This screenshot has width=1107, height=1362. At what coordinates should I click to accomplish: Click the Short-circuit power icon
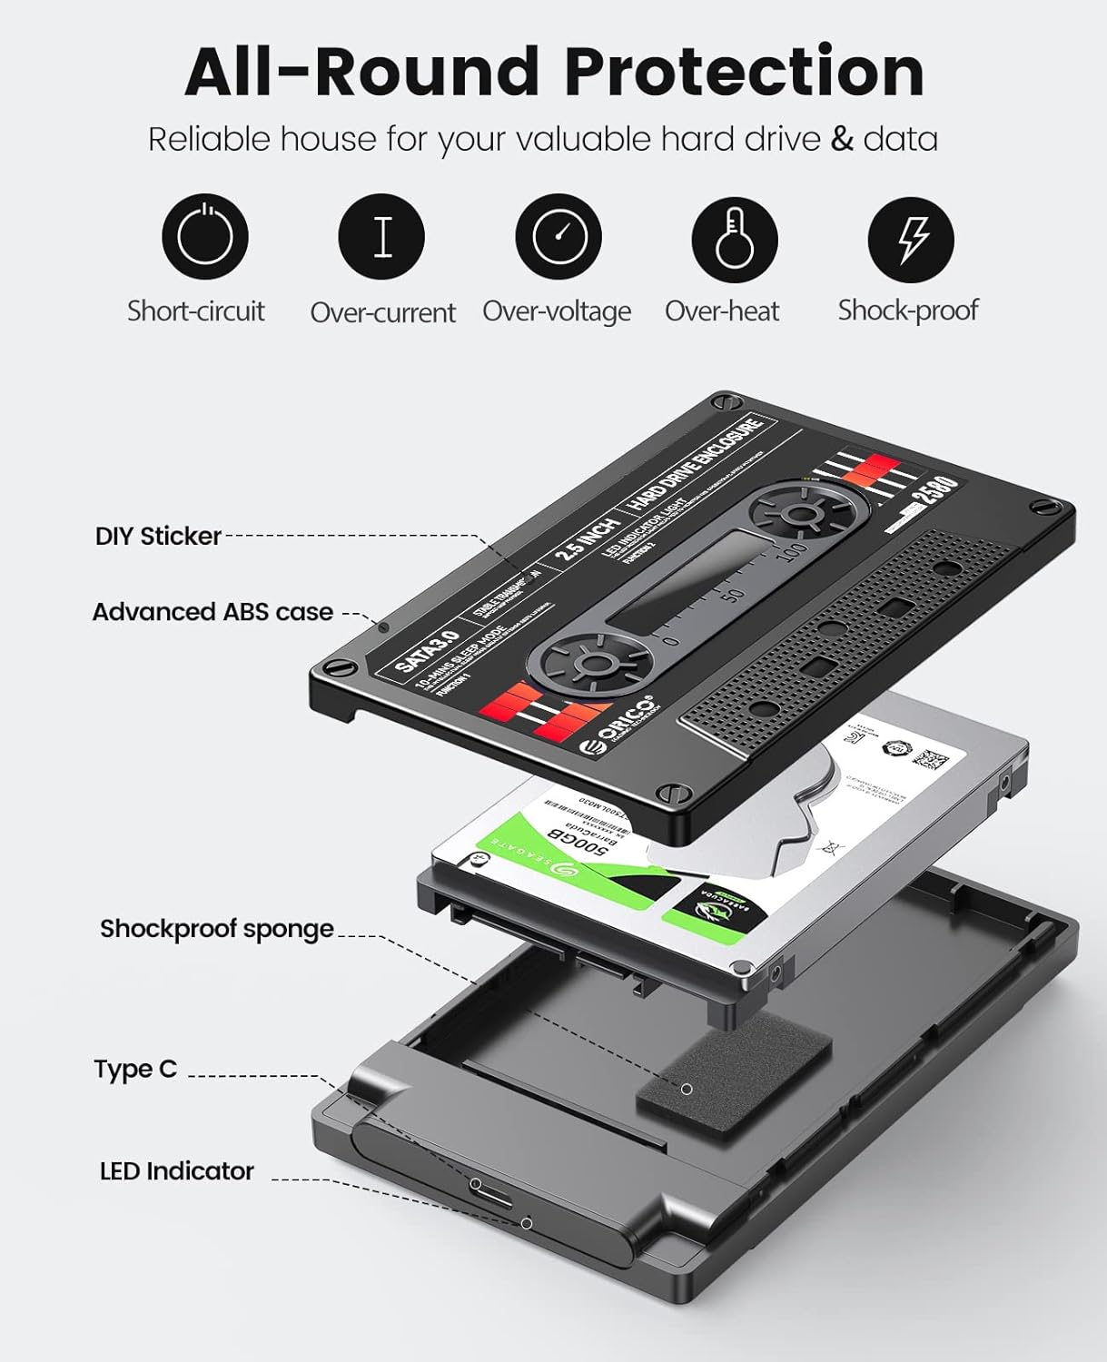[x=204, y=236]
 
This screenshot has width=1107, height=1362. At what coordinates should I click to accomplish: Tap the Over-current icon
[x=381, y=236]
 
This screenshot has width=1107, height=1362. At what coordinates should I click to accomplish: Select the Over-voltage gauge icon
[x=558, y=236]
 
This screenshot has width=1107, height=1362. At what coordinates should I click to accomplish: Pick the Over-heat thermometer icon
[x=734, y=238]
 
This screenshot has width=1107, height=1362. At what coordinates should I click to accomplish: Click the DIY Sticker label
[x=158, y=536]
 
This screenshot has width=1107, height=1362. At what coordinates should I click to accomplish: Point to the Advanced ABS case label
[x=213, y=612]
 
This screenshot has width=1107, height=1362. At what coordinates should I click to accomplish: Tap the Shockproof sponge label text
[x=216, y=929]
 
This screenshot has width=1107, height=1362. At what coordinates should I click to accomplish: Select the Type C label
[x=135, y=1069]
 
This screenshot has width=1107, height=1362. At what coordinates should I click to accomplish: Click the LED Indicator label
[x=176, y=1171]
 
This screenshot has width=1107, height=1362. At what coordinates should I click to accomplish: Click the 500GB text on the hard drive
[x=578, y=842]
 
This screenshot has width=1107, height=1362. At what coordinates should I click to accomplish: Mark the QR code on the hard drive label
[x=931, y=758]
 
